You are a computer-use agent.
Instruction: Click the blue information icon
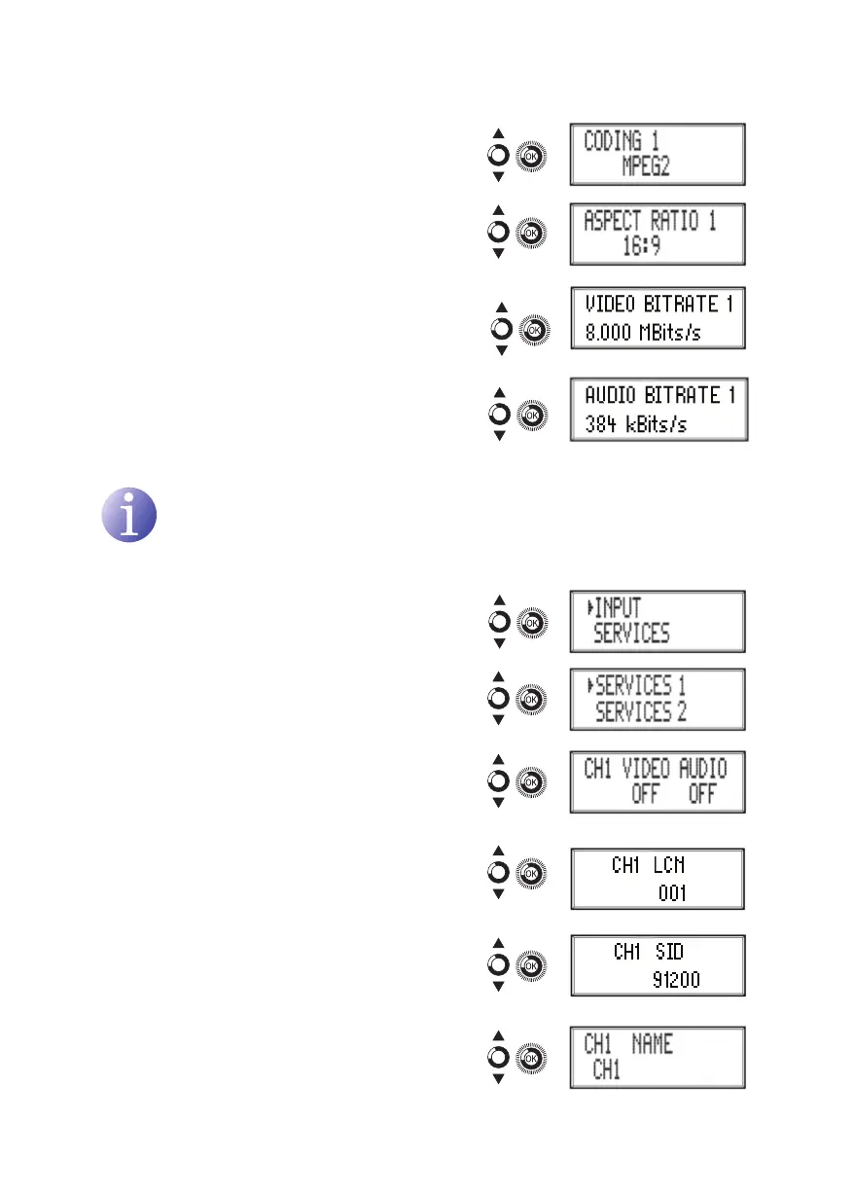click(x=129, y=515)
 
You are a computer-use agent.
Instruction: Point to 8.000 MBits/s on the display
click(x=643, y=332)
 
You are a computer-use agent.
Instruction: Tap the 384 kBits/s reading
click(x=636, y=424)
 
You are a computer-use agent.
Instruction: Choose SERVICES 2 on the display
click(x=641, y=712)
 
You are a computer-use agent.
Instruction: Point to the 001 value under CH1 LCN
click(x=672, y=891)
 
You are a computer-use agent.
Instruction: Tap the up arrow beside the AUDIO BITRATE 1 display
click(x=499, y=393)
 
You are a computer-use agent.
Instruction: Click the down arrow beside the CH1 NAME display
click(x=498, y=1077)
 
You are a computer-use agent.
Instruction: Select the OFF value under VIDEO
click(x=645, y=795)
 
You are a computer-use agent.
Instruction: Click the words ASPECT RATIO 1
click(x=650, y=221)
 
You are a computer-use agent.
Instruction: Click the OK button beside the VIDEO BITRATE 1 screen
click(x=533, y=330)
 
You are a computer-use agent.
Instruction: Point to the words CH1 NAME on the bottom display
click(x=628, y=1045)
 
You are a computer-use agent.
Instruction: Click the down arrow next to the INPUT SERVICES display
click(x=498, y=642)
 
